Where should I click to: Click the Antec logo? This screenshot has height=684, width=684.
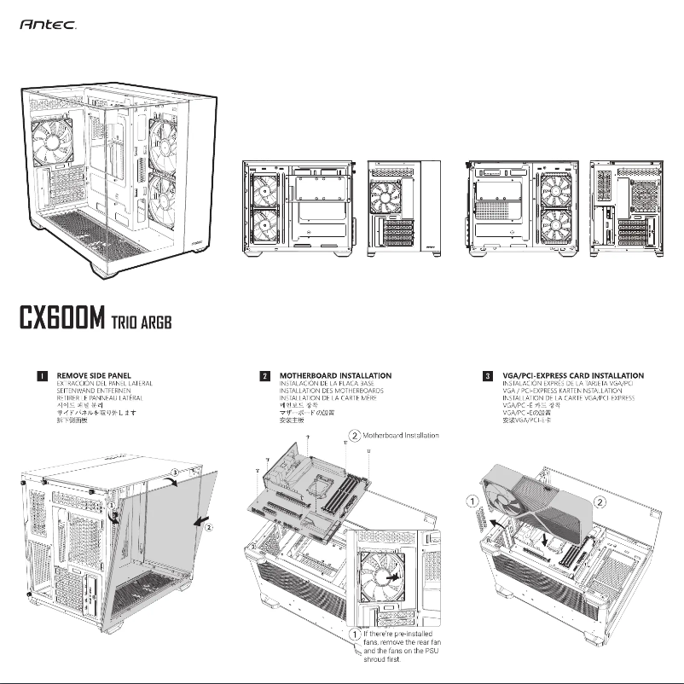49,26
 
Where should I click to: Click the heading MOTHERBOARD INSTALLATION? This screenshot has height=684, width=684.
335,375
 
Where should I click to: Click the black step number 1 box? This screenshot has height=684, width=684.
41,375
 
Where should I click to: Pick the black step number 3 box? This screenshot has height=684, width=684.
487,375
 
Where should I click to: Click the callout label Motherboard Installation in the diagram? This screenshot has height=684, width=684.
401,436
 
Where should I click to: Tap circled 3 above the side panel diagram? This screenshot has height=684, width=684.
176,471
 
